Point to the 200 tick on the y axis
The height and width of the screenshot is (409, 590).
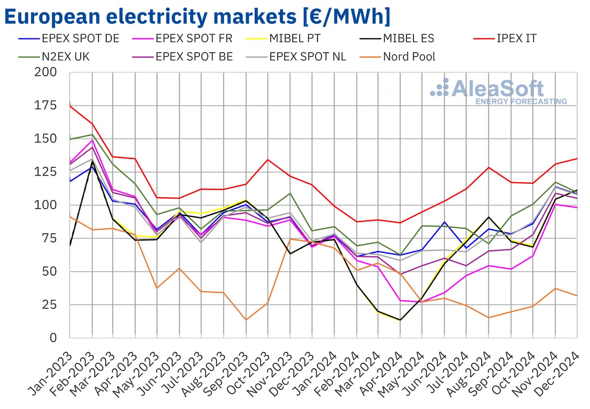46,72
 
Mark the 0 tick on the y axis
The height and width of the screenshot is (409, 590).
53,338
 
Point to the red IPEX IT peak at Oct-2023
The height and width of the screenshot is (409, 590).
268,160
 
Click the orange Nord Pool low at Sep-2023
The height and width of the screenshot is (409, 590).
246,320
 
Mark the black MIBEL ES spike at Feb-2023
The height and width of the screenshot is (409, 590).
92,161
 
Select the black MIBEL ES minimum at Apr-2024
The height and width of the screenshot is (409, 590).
400,320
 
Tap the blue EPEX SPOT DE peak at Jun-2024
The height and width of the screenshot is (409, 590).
445,222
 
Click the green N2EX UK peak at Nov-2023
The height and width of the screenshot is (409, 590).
290,193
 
